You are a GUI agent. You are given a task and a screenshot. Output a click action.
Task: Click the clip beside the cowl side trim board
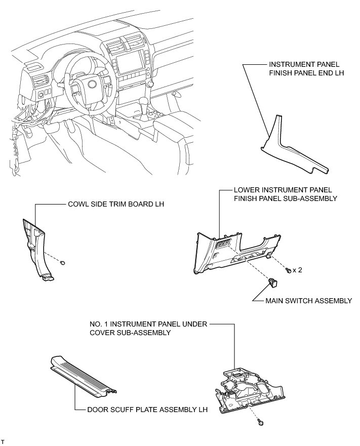[x=62, y=263]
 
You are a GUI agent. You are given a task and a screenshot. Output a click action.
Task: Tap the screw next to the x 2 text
[x=288, y=270]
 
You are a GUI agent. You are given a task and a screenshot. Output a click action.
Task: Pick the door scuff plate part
[x=84, y=378]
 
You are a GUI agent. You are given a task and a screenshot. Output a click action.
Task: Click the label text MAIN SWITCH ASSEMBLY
[x=308, y=301]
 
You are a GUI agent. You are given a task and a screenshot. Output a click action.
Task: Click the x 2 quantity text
[x=297, y=270]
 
